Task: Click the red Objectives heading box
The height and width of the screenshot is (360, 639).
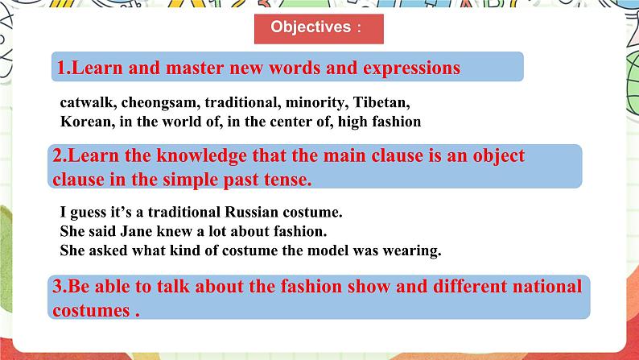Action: (x=319, y=27)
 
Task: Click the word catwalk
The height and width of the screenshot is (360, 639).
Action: (x=84, y=104)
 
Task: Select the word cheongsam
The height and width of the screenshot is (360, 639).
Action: (x=152, y=104)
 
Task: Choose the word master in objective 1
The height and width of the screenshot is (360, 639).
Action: (x=195, y=68)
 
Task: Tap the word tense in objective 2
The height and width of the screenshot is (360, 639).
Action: (x=286, y=180)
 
